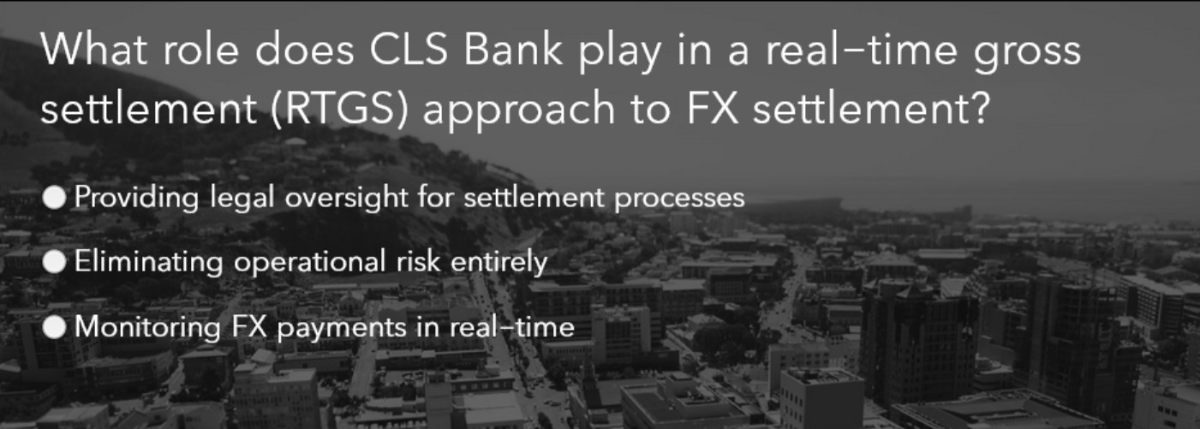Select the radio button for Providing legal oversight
click(x=55, y=198)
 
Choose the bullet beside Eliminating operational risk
click(x=55, y=262)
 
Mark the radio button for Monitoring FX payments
click(x=55, y=326)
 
